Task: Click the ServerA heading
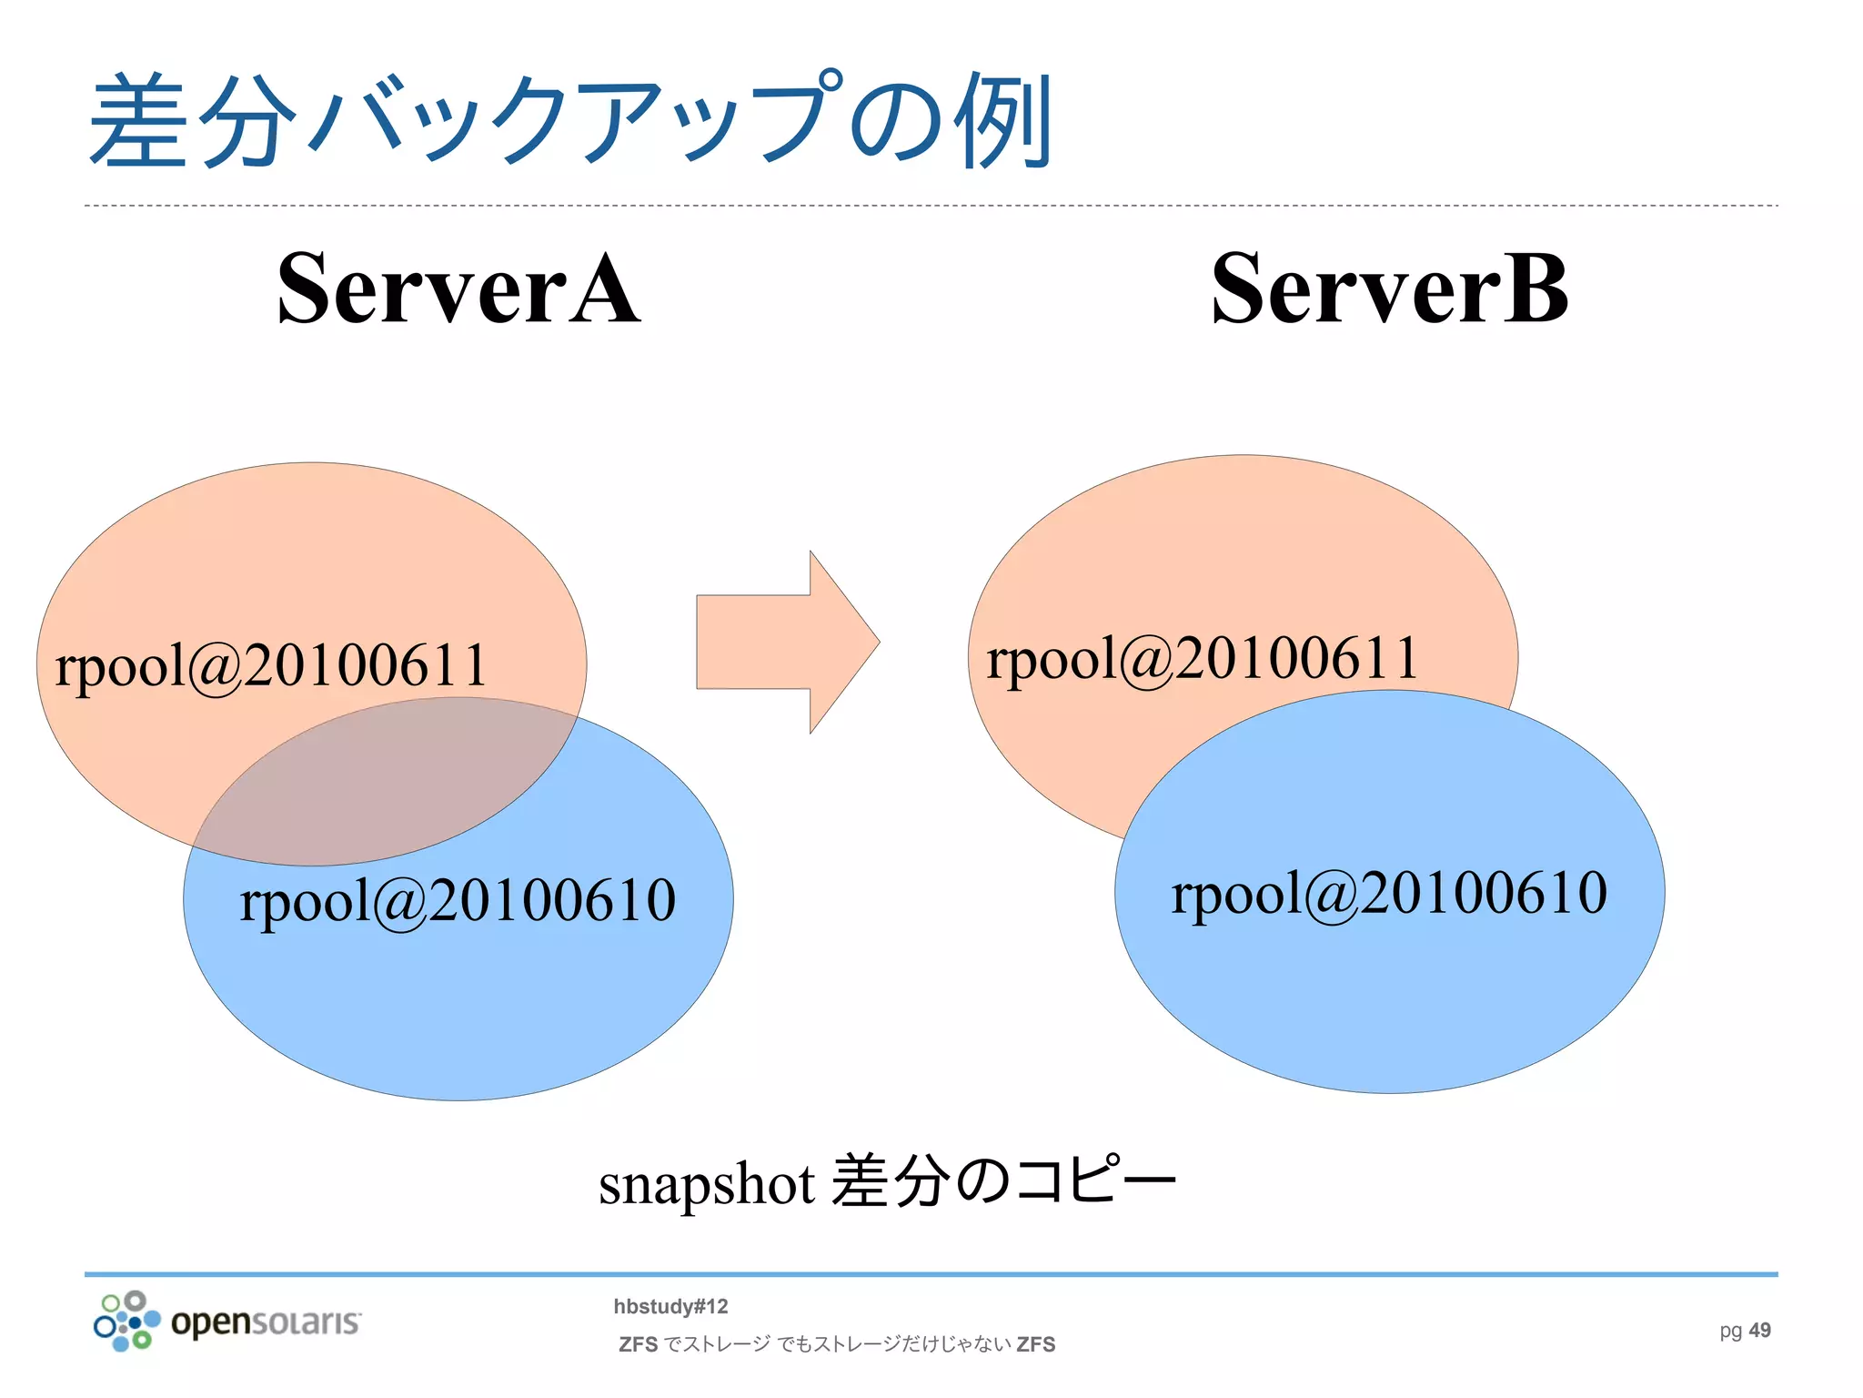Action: [x=458, y=289]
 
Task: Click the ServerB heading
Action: [x=1389, y=289]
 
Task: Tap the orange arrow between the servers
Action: [x=786, y=642]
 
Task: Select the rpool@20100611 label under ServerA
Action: [x=271, y=665]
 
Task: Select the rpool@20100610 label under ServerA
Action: [x=458, y=900]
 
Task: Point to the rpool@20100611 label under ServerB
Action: [x=1202, y=658]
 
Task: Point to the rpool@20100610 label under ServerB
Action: [x=1389, y=892]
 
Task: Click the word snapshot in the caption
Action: [x=706, y=1184]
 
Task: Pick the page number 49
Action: [x=1759, y=1330]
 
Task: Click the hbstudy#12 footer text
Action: [x=670, y=1306]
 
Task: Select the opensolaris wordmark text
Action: [x=266, y=1322]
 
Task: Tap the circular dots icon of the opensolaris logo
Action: [x=126, y=1321]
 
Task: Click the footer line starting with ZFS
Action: [x=836, y=1344]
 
